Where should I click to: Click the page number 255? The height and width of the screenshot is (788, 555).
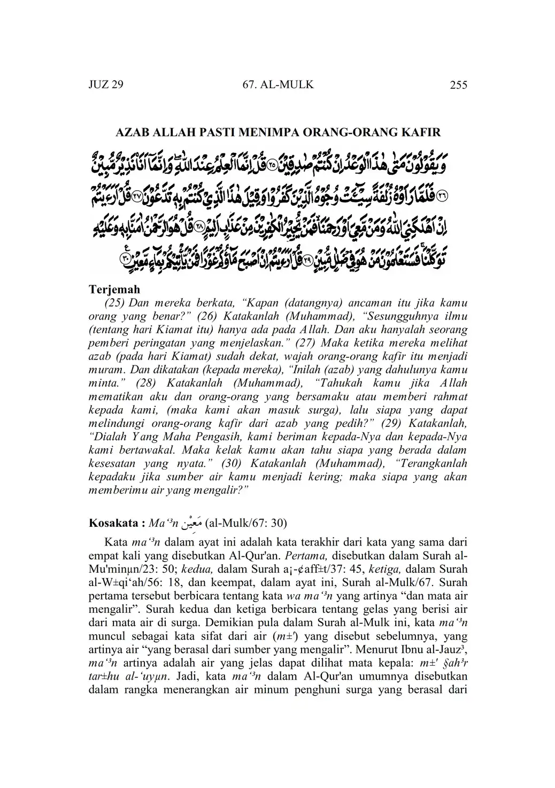tap(458, 84)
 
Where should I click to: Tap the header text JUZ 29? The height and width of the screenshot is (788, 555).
tap(105, 84)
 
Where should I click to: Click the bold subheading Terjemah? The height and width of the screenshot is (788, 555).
tap(114, 289)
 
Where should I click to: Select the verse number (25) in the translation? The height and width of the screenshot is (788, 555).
tap(114, 302)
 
